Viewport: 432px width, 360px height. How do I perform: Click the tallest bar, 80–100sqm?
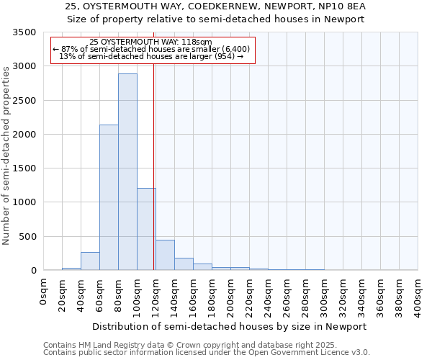(127, 173)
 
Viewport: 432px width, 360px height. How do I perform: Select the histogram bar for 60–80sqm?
(109, 198)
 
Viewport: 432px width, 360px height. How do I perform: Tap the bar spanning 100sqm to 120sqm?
(146, 229)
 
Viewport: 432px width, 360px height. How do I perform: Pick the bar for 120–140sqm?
(165, 256)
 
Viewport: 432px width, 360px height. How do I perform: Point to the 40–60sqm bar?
(90, 261)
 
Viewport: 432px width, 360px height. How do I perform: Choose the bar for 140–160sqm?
(184, 264)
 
